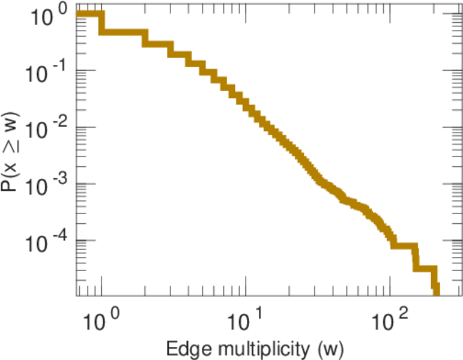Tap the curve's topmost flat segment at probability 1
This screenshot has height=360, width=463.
[89, 14]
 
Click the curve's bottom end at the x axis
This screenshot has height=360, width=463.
[436, 292]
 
